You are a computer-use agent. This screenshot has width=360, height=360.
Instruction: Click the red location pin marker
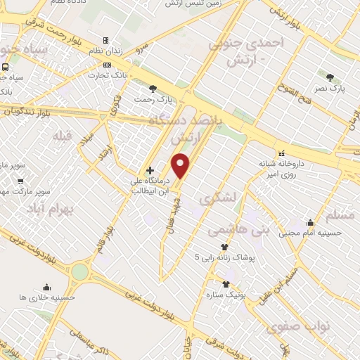[x=181, y=165]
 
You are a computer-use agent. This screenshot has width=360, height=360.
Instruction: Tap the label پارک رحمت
[x=154, y=99]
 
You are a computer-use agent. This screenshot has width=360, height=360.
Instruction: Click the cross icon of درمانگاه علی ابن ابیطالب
[x=150, y=169]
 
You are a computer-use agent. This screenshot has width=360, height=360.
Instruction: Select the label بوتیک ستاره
[x=226, y=294]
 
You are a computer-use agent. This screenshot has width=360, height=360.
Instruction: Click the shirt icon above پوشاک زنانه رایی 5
[x=225, y=247]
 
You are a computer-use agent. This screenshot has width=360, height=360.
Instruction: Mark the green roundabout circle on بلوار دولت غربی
[x=80, y=271]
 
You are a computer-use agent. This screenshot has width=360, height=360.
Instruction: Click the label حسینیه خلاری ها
[x=47, y=297]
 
